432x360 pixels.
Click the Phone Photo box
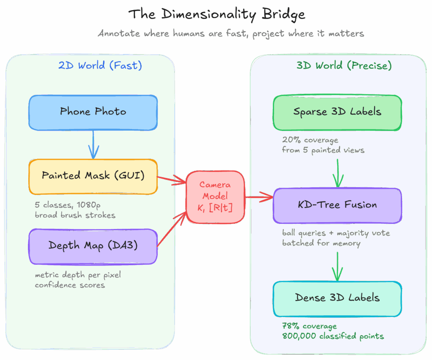tap(93, 113)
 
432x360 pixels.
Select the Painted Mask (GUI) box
tap(93, 177)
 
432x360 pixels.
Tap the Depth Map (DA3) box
tap(93, 247)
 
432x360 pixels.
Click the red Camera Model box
tap(215, 196)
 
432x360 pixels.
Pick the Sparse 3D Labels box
tap(337, 113)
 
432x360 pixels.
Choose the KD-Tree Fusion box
tap(337, 206)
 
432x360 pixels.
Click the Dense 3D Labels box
tap(337, 299)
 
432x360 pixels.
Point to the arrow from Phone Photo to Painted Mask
tap(93, 145)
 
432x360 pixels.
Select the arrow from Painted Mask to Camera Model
tap(172, 179)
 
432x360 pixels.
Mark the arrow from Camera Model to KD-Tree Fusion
tap(259, 197)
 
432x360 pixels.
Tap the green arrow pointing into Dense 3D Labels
tap(337, 266)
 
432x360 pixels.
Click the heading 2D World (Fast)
tap(100, 65)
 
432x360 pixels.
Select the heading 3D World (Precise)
tap(344, 65)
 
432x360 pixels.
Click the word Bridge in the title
tap(283, 14)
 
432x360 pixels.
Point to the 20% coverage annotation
tap(310, 140)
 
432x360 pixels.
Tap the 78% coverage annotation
tap(309, 326)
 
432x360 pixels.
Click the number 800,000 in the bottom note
tap(299, 336)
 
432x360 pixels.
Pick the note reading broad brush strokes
tap(75, 215)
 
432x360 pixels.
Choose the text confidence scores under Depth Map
tap(70, 285)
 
